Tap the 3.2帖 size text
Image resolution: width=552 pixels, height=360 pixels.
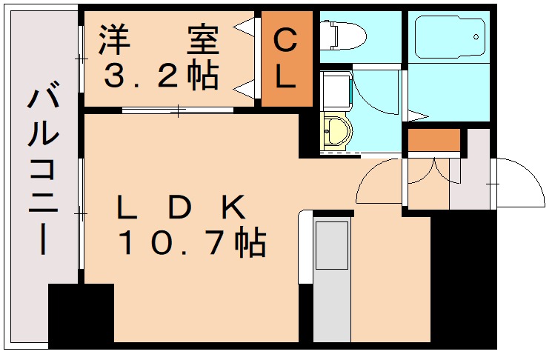point(159,76)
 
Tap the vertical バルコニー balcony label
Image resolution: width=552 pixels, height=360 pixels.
point(43,170)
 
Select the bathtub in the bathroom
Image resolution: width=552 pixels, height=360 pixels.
point(448,36)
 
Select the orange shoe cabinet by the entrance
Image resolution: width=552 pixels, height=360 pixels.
point(434,139)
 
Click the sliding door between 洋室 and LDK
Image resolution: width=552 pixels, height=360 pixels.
point(178,112)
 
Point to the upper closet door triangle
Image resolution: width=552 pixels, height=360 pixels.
point(244,27)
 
